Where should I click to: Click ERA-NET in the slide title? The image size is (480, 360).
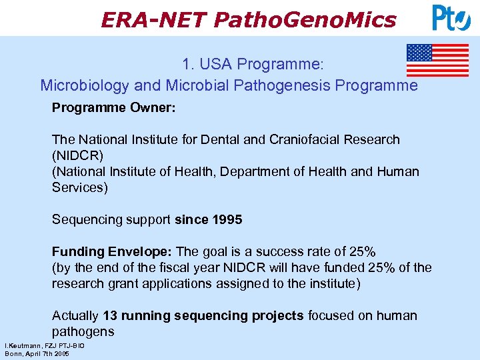coord(153,20)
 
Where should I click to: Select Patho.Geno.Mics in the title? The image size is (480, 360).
coord(305,20)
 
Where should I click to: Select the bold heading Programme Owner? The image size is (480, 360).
coord(114,108)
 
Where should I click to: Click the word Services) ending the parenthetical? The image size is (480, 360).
coord(79,187)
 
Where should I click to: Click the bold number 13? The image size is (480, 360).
coord(111,315)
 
